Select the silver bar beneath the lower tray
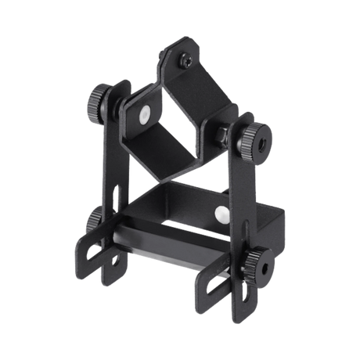tap(168, 259)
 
